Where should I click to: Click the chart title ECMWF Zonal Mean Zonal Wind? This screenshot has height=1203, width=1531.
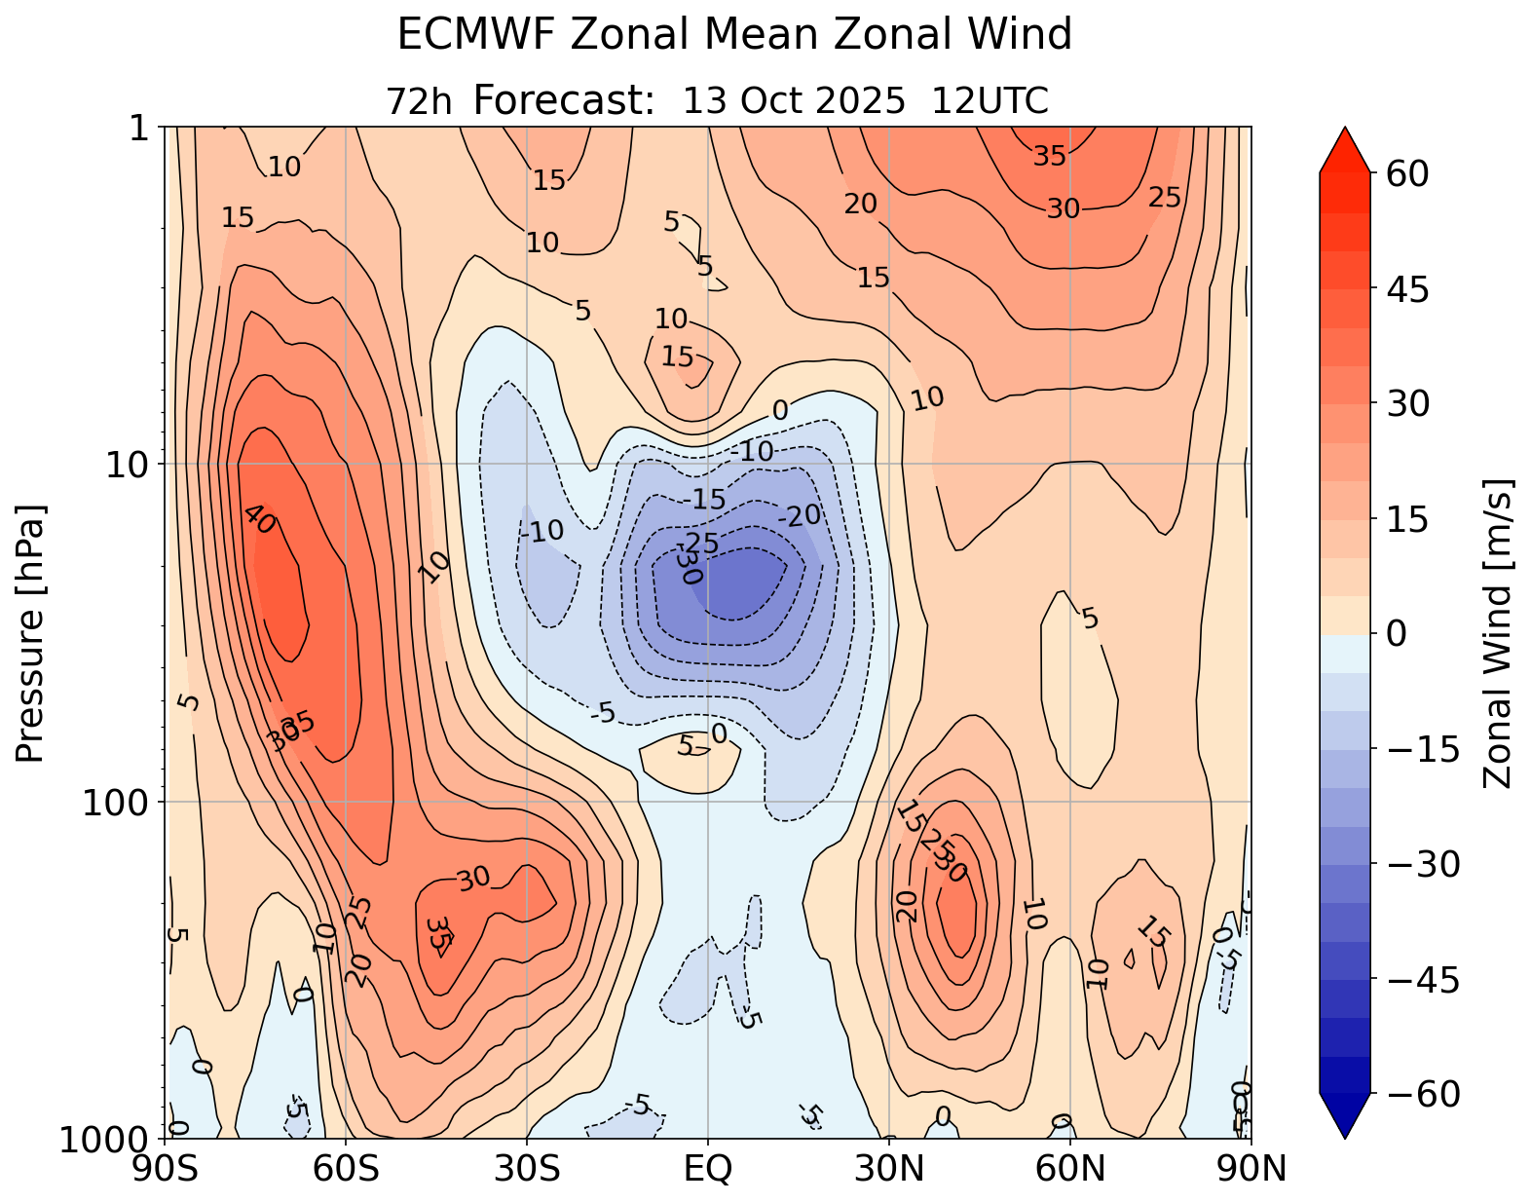pyautogui.click(x=734, y=36)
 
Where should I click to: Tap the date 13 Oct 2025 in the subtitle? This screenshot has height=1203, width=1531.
pyautogui.click(x=794, y=100)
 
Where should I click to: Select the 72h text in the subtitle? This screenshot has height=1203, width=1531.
pyautogui.click(x=419, y=101)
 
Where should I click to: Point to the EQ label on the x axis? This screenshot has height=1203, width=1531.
pyautogui.click(x=708, y=1168)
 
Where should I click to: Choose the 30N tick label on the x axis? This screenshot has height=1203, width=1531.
pyautogui.click(x=889, y=1168)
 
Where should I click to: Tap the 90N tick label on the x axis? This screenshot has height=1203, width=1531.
pyautogui.click(x=1251, y=1168)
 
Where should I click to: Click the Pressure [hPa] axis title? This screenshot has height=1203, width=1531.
pyautogui.click(x=31, y=633)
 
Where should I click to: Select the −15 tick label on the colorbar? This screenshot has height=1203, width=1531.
pyautogui.click(x=1417, y=750)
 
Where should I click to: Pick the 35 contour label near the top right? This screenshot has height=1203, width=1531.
pyautogui.click(x=1050, y=156)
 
